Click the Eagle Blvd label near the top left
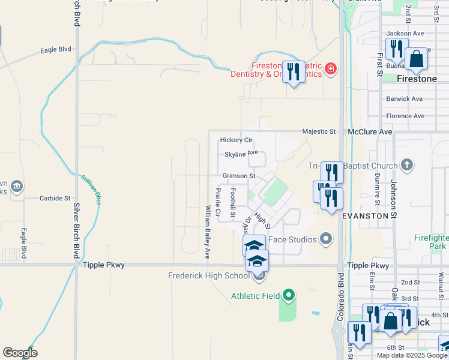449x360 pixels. [56, 50]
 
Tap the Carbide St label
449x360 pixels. [55, 197]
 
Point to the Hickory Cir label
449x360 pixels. [237, 140]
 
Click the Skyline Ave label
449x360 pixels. [241, 154]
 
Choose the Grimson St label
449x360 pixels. [239, 176]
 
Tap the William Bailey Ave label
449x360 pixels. [208, 232]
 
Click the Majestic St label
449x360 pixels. [319, 131]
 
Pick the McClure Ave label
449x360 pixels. [370, 131]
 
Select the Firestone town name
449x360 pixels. [417, 79]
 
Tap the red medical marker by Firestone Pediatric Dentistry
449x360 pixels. [330, 70]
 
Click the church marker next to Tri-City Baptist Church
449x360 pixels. [407, 165]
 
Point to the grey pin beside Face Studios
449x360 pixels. [326, 239]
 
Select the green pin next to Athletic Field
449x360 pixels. [289, 295]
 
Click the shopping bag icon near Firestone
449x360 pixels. [416, 59]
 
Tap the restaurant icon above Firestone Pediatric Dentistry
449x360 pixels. [293, 72]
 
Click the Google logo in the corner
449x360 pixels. [20, 353]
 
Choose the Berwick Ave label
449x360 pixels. [405, 98]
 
